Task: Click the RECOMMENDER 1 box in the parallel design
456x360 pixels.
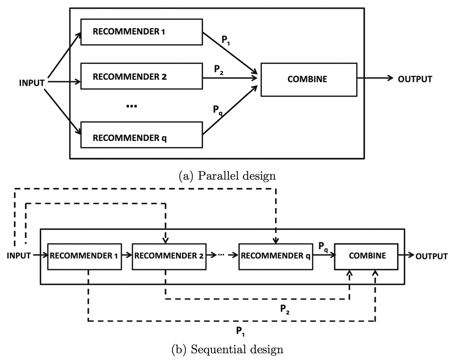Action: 141,31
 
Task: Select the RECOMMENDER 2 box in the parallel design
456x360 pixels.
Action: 141,76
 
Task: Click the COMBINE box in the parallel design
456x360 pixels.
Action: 309,79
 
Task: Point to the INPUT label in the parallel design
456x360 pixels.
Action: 32,83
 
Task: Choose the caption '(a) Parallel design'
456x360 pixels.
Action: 227,176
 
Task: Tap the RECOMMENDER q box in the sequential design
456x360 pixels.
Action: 275,256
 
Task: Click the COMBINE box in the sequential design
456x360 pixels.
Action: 367,256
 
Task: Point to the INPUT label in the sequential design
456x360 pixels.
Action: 19,256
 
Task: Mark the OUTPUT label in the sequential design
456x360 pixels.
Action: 432,256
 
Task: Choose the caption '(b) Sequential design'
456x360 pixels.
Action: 227,350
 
